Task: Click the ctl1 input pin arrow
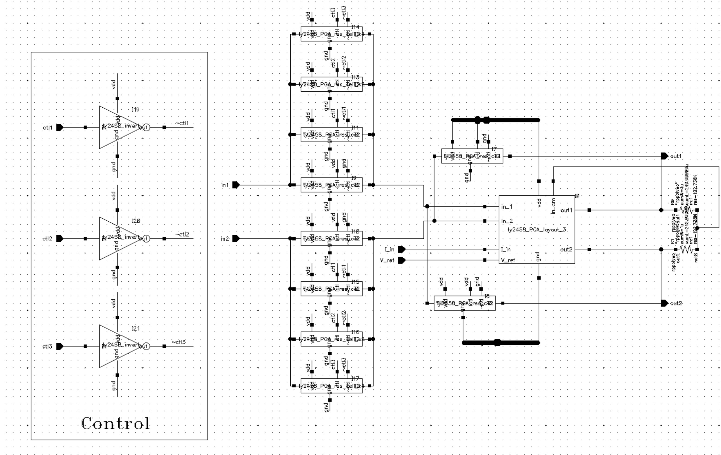pos(60,127)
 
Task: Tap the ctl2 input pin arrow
pos(60,238)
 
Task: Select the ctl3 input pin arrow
pos(60,346)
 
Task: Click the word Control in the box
pos(116,423)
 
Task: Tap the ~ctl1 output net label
pos(182,123)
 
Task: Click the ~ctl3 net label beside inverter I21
pos(178,342)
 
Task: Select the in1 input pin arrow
pos(236,185)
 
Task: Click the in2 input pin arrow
pos(236,238)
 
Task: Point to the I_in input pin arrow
pos(402,249)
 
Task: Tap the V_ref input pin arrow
pos(402,260)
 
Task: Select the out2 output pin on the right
pos(664,303)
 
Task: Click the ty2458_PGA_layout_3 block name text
pos(537,230)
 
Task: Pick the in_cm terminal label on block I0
pos(553,206)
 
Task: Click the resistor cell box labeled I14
pos(332,34)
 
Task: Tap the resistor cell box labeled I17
pos(332,386)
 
